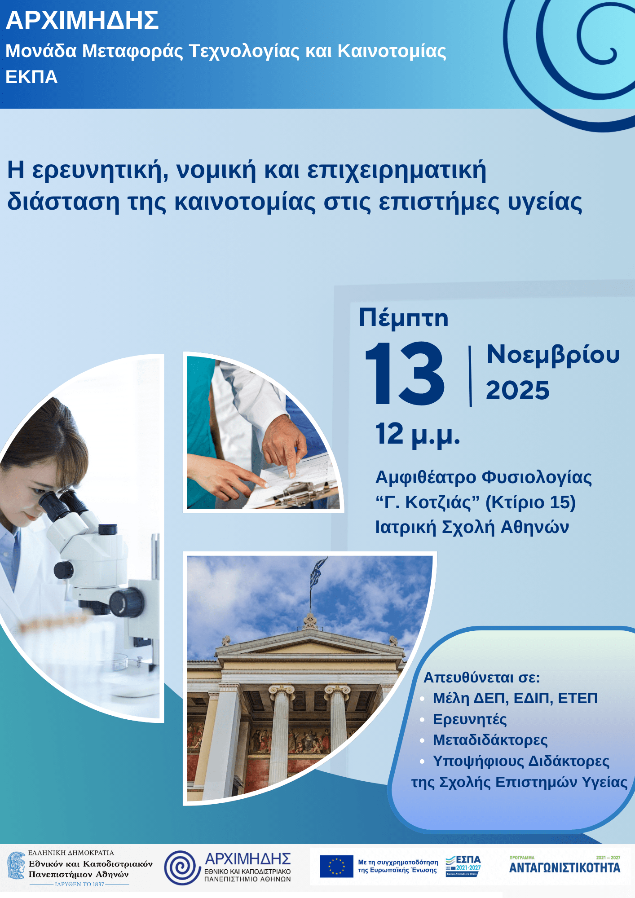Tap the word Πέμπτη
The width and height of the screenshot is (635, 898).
pos(403,318)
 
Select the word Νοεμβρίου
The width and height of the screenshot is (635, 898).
pos(553,355)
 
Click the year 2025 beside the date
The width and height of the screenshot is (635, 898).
pos(517,390)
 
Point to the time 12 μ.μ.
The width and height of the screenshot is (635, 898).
pos(418,435)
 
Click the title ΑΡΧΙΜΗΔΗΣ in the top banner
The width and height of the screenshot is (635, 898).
pos(82,21)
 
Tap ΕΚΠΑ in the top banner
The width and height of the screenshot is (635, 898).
pos(31,77)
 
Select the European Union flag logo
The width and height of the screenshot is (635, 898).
pos(336,866)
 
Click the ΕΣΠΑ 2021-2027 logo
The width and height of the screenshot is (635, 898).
pos(463,866)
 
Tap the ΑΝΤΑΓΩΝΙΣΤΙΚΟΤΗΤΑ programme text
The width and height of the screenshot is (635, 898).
pos(564,867)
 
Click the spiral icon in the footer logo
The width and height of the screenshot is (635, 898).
pos(182,868)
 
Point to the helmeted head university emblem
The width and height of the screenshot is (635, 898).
pos(16,866)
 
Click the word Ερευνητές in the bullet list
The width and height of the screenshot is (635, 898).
pos(469,719)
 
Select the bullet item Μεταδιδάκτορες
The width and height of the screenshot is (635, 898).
pos(490,740)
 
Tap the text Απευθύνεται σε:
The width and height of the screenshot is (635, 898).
pos(481,677)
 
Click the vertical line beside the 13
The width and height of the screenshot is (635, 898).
pos(470,376)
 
